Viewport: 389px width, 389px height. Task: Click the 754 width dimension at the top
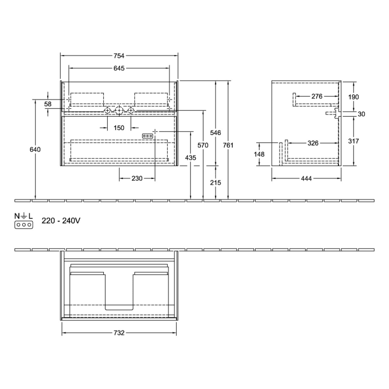(119, 55)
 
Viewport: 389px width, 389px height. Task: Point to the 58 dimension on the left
(48, 104)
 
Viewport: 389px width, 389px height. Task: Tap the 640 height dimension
(36, 149)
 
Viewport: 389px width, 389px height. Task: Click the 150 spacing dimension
(119, 128)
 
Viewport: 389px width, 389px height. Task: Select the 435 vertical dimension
(191, 158)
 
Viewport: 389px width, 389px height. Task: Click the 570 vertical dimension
(203, 146)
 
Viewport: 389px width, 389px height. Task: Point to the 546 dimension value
(216, 133)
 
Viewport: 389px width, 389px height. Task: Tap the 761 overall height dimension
(228, 146)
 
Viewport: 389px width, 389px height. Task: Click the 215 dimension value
(216, 182)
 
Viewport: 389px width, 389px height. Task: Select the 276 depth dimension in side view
(317, 97)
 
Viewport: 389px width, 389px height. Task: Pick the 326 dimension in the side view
(313, 143)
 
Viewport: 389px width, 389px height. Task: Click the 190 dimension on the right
(353, 97)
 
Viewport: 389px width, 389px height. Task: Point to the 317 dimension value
(353, 141)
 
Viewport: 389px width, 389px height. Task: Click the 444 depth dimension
(306, 178)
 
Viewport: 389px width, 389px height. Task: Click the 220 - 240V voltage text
(61, 221)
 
